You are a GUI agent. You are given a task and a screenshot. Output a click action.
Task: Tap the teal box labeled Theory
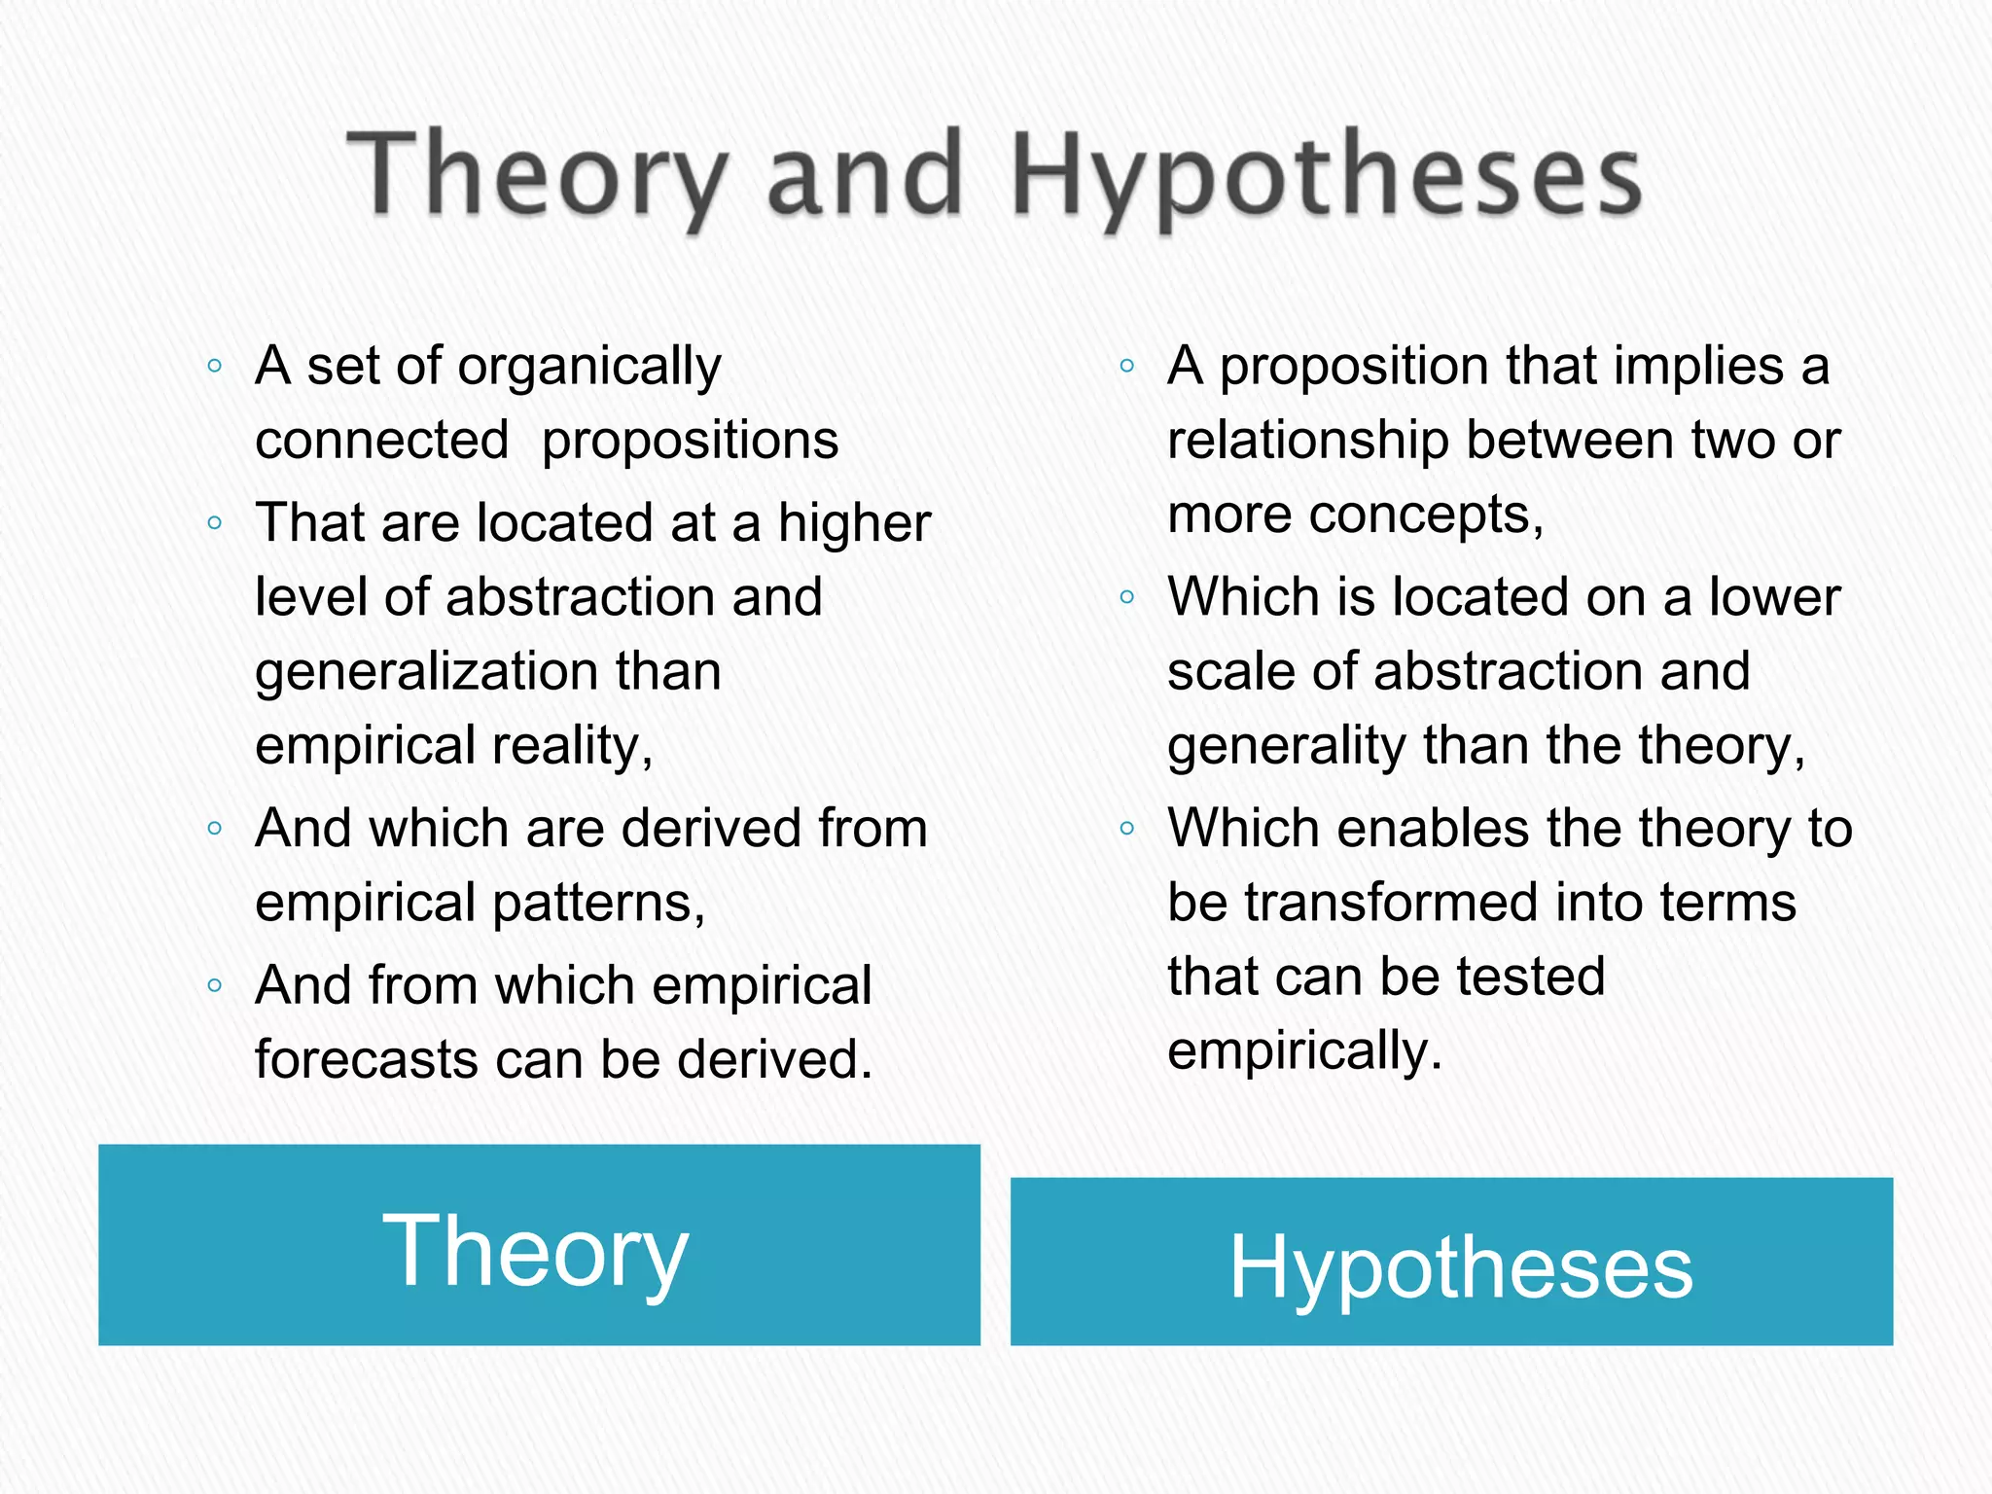pos(539,1245)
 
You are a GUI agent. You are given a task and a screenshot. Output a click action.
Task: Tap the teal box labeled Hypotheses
pos(1451,1262)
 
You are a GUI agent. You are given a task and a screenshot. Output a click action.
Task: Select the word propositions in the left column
pos(690,441)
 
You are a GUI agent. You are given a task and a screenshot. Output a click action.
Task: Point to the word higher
pos(854,524)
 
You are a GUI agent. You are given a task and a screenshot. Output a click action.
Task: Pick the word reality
pos(572,747)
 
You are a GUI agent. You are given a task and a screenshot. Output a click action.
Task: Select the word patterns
pos(598,904)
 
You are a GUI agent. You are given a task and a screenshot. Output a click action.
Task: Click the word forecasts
pos(366,1059)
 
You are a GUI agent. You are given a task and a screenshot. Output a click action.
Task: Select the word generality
pos(1287,747)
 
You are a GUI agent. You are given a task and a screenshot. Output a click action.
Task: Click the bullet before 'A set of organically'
pos(215,367)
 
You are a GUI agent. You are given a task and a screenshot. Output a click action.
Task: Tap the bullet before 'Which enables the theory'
pos(1127,829)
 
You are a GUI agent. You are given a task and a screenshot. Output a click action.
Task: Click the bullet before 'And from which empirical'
pos(215,985)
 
